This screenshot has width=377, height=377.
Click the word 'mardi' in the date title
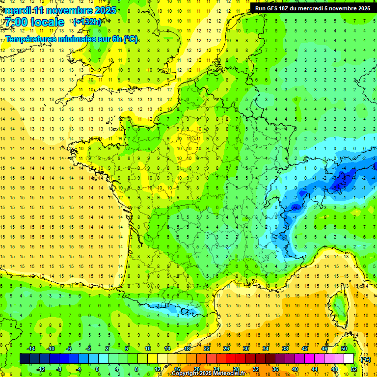(x=17, y=10)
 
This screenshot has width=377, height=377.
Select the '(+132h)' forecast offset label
(x=87, y=22)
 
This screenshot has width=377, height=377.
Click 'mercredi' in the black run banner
(x=312, y=8)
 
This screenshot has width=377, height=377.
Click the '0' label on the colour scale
(x=97, y=369)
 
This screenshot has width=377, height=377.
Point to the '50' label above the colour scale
(x=344, y=349)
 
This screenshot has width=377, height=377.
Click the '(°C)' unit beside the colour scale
(x=365, y=359)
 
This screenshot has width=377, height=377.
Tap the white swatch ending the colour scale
(x=349, y=359)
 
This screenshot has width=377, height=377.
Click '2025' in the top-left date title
(x=105, y=10)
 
